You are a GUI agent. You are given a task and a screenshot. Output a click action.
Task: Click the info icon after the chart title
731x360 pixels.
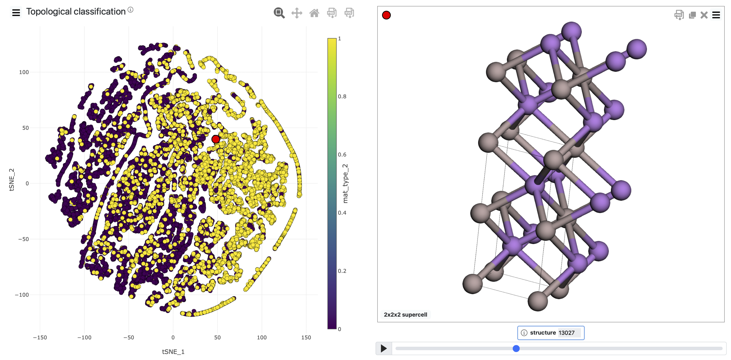[130, 10]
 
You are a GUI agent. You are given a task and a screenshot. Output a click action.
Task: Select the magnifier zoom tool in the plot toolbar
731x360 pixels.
[279, 13]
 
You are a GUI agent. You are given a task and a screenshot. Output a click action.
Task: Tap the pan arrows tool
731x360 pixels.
[297, 13]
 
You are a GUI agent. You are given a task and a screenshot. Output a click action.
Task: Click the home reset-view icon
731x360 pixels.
[314, 13]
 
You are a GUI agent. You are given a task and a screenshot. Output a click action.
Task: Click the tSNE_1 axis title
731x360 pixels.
[173, 352]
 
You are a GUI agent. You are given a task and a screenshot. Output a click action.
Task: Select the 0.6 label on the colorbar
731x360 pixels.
[342, 155]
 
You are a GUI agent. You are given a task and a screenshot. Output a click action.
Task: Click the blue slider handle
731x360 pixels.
[516, 348]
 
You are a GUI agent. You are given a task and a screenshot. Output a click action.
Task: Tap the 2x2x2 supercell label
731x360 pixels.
[405, 315]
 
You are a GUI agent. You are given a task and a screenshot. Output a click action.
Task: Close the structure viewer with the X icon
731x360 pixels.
[704, 15]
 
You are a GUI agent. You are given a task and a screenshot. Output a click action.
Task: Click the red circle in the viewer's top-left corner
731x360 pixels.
[386, 15]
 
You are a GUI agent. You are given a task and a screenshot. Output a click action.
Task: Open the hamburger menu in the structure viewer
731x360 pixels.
[716, 15]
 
